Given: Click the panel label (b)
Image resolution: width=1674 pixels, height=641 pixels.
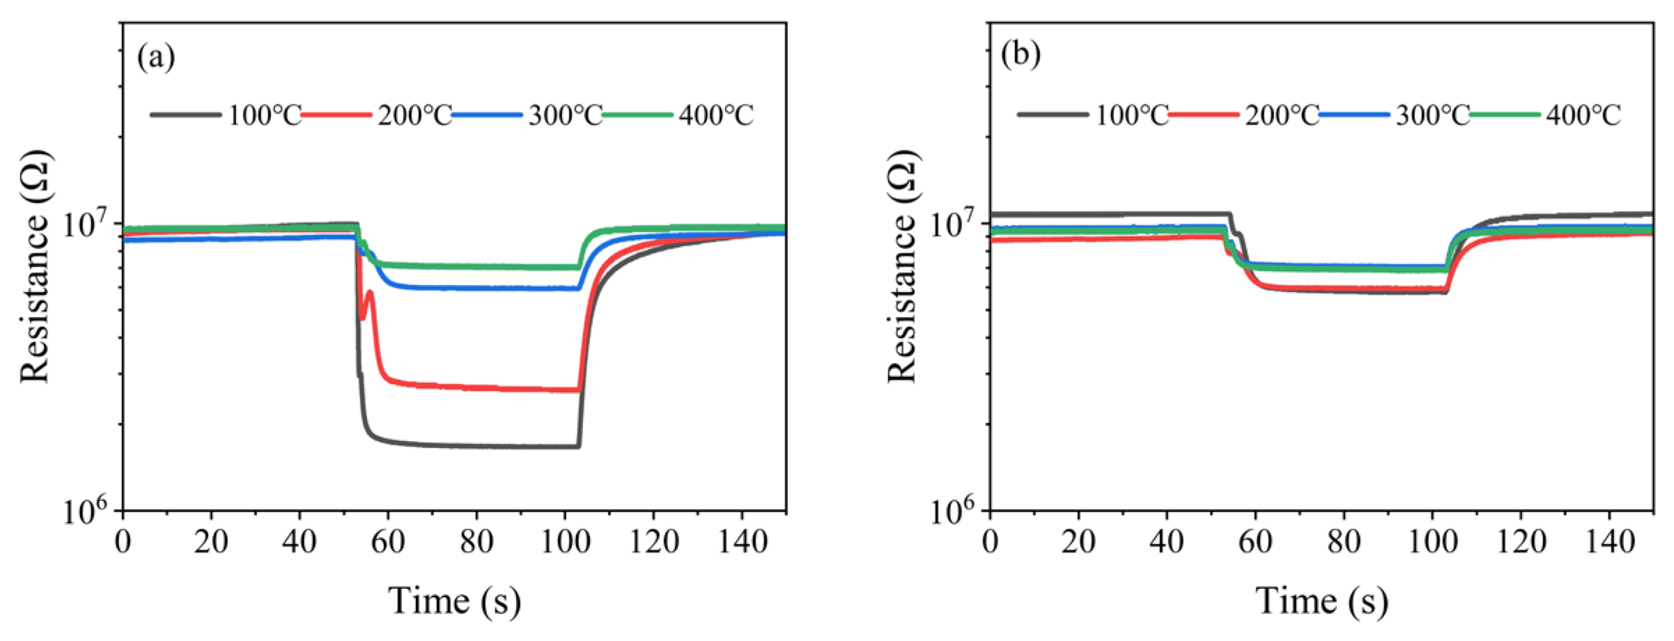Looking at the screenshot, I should tap(1021, 54).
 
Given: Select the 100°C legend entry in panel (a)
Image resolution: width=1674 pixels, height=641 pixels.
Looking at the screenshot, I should tap(226, 115).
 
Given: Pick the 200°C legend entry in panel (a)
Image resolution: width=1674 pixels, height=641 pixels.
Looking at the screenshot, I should tap(376, 115).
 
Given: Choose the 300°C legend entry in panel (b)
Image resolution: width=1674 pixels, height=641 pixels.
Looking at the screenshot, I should tap(1394, 115).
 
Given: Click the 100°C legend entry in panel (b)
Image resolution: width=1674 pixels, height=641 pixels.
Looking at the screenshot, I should tap(1093, 115).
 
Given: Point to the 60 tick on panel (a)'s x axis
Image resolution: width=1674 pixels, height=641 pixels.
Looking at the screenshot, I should tap(388, 542).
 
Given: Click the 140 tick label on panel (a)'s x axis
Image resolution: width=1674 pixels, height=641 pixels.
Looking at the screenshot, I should tap(741, 542).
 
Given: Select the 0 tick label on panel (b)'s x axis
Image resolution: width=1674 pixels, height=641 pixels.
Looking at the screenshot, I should tap(990, 542).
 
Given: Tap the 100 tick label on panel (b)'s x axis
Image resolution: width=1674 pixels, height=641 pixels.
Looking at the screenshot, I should tap(1432, 542).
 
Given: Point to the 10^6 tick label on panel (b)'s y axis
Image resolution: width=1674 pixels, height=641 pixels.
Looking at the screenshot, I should tap(956, 511).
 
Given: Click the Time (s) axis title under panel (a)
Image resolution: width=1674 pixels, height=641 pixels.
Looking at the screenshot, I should tap(454, 601).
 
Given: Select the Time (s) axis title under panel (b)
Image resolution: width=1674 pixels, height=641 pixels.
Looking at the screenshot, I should tap(1322, 601).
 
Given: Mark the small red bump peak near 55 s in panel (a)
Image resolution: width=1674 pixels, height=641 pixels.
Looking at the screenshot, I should tap(369, 292).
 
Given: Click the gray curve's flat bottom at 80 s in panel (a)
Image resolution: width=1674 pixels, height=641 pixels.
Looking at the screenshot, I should tap(476, 446).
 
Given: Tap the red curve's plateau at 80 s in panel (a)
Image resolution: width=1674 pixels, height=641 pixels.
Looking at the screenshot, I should tap(476, 387).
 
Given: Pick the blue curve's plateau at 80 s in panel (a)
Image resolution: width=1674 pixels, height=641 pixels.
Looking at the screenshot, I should tap(476, 287).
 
